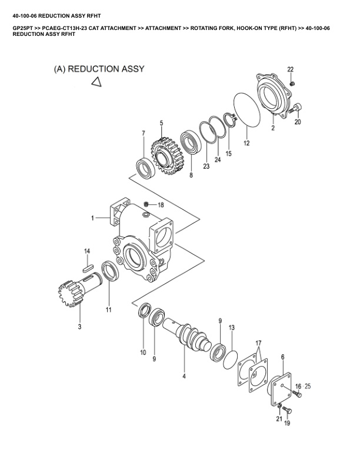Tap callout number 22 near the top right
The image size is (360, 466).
(291, 70)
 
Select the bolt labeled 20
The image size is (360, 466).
(298, 107)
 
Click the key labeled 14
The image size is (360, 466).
(88, 265)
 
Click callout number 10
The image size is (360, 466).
(142, 352)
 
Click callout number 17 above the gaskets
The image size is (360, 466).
(258, 342)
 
